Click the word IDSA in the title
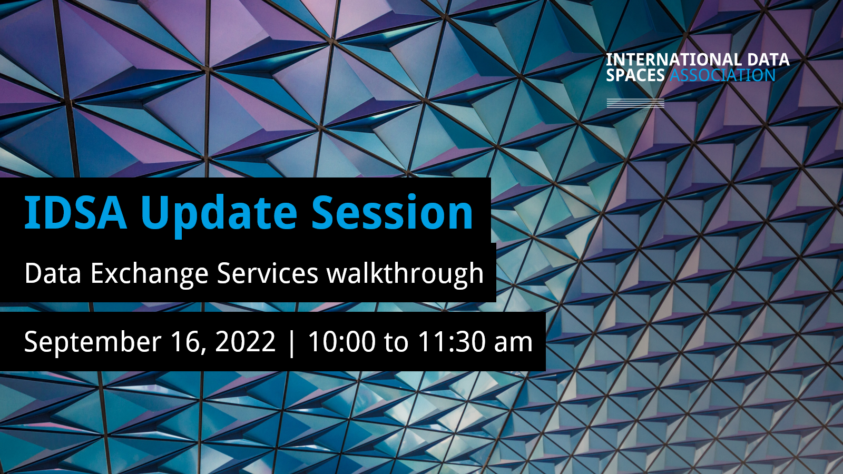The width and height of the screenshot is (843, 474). coord(75,212)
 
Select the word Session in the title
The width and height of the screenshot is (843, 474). coord(392,212)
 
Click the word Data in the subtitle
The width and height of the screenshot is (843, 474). coord(53,273)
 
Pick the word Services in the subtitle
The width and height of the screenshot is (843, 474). coord(268,273)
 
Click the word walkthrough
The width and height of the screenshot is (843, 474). coord(405,274)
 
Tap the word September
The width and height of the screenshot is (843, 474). coord(93,343)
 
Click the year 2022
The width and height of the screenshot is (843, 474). coord(246,341)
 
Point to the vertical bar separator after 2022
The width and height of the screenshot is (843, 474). coord(291,342)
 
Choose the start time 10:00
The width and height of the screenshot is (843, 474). coord(342,341)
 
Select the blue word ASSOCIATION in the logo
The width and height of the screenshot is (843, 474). coord(722,75)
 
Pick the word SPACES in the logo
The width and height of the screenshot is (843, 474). coord(635,75)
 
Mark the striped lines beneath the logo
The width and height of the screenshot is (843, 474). coord(635,103)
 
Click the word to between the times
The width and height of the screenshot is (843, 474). coord(396,342)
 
